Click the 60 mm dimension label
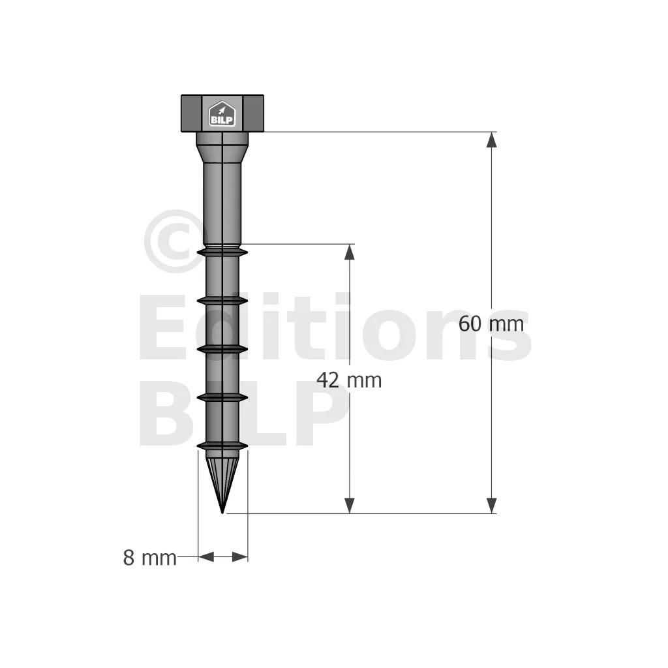491,324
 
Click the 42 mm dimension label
349,380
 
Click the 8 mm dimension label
149,558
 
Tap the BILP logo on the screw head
222,114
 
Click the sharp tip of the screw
222,513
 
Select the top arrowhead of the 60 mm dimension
492,140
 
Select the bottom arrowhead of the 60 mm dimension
492,506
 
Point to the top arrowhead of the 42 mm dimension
350,252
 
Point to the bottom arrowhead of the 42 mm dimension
350,506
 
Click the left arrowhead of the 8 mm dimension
206,556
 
